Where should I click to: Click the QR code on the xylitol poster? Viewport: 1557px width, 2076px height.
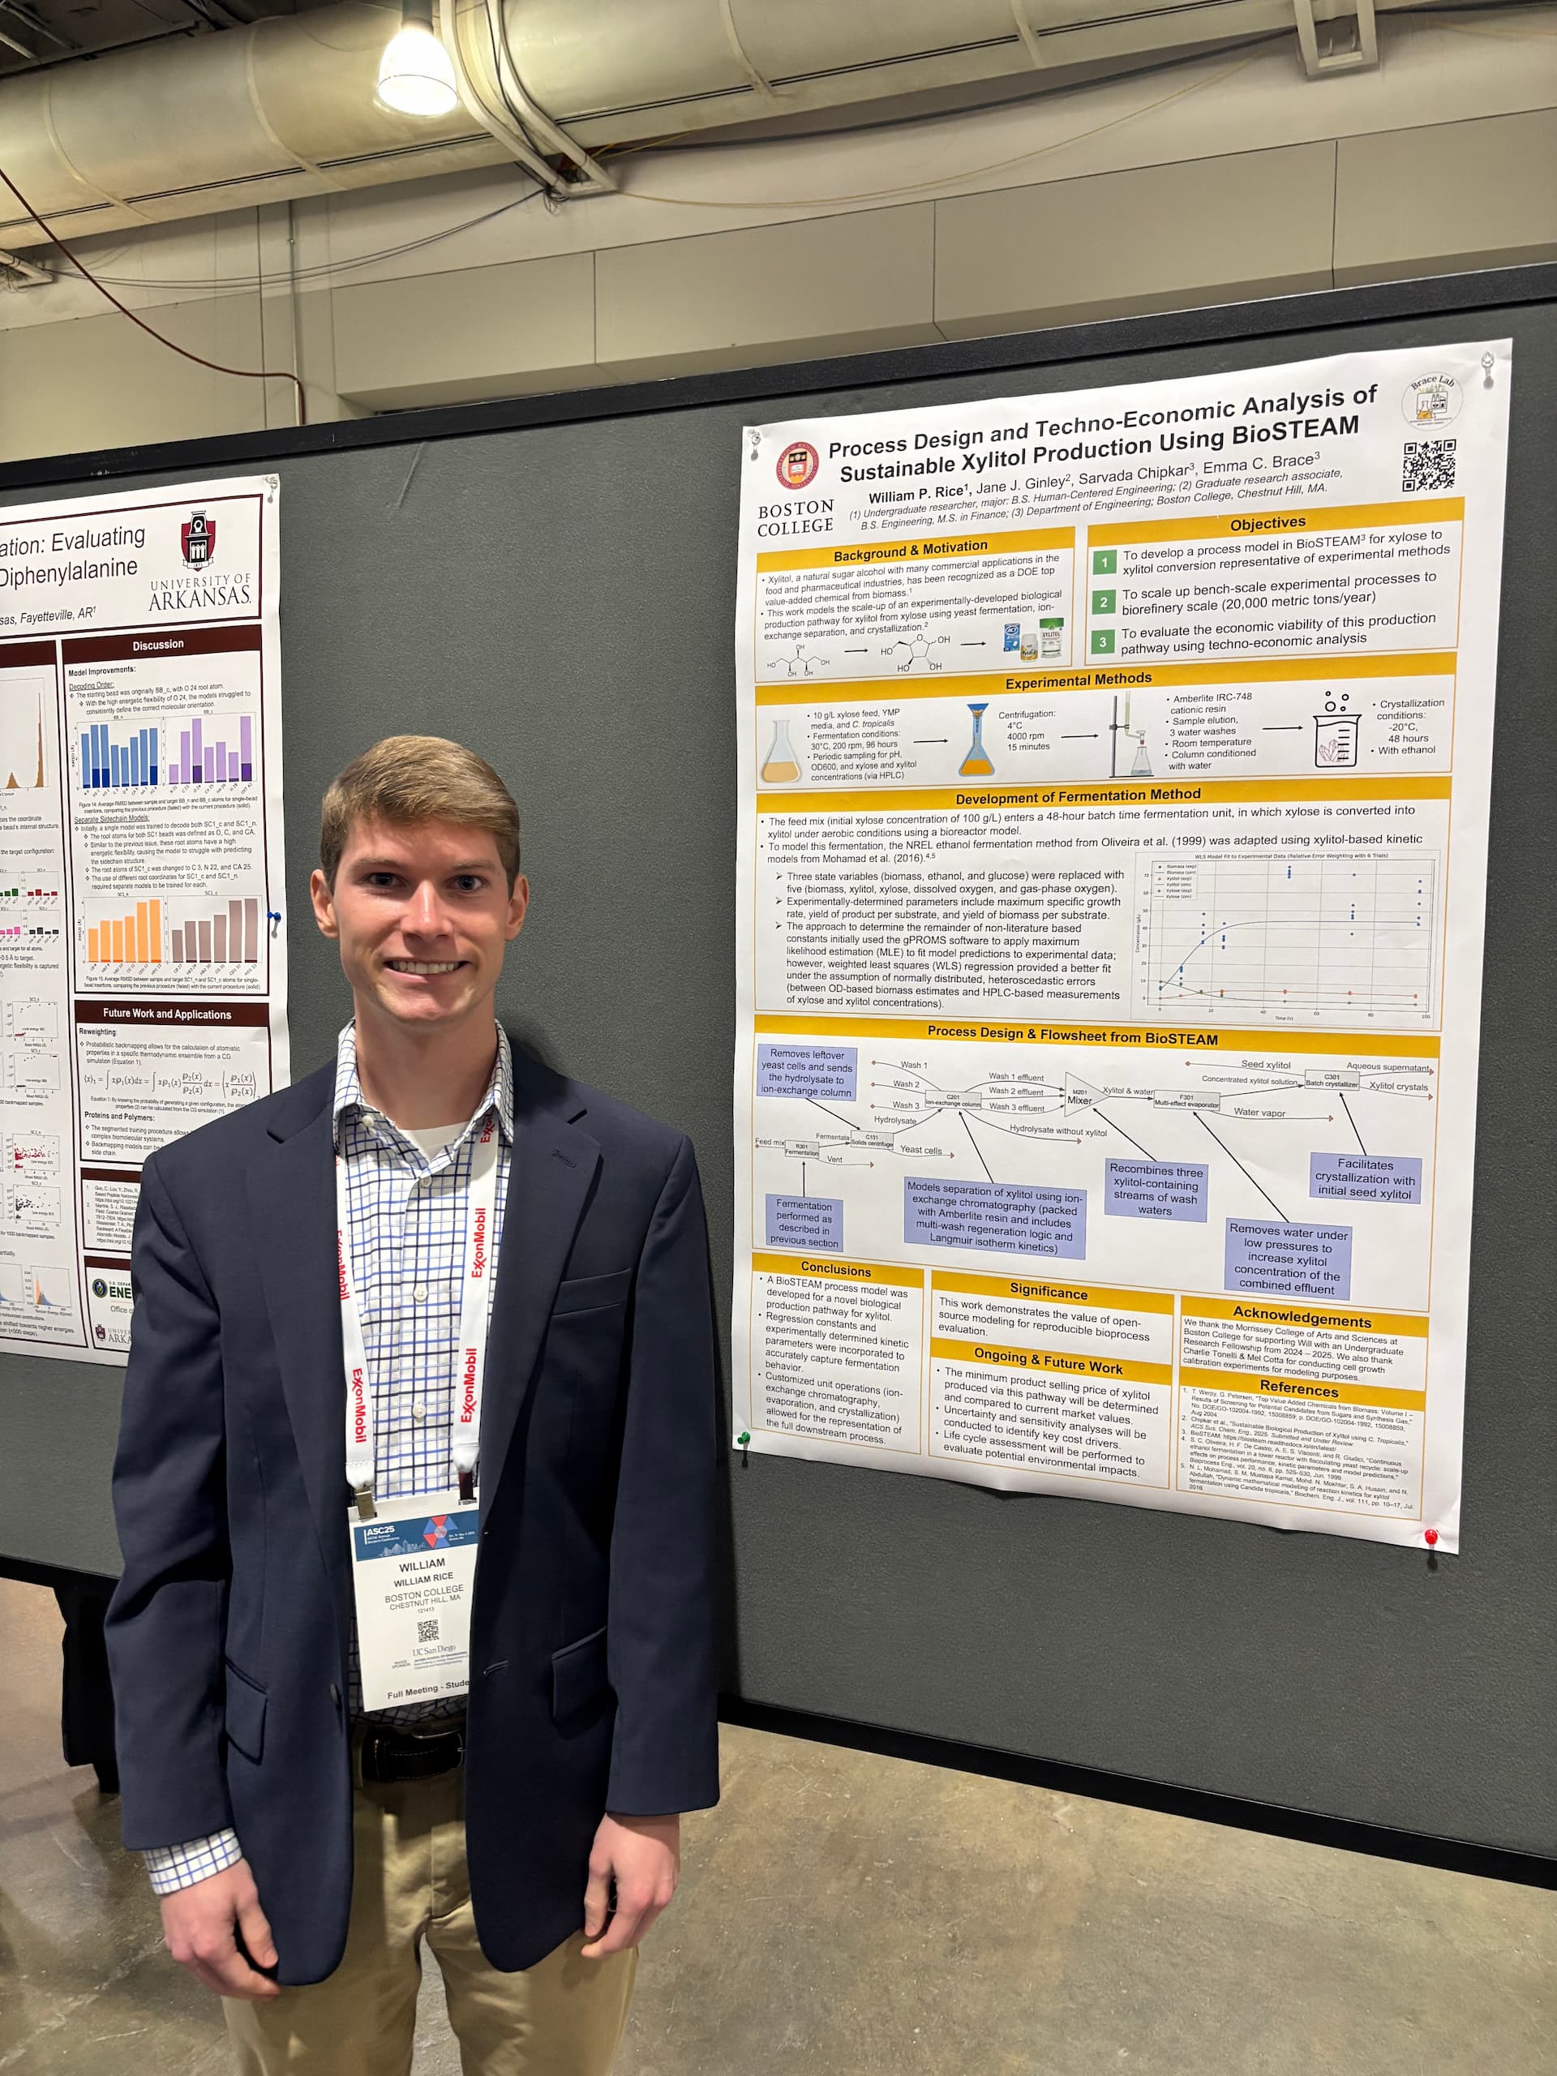pyautogui.click(x=1427, y=465)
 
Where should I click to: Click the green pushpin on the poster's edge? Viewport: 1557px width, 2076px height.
pyautogui.click(x=744, y=1437)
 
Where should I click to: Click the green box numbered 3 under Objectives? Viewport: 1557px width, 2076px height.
pyautogui.click(x=1104, y=642)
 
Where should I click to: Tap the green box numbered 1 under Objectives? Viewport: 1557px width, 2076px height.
pyautogui.click(x=1104, y=562)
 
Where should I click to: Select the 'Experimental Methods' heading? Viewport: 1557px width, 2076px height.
pyautogui.click(x=1078, y=679)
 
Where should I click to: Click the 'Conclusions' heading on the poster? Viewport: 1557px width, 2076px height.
pyautogui.click(x=835, y=1269)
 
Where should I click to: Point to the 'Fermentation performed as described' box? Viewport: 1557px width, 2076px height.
pyautogui.click(x=804, y=1222)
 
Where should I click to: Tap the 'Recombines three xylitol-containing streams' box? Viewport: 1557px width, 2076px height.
pyautogui.click(x=1156, y=1190)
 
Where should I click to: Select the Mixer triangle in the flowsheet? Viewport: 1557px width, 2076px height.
pyautogui.click(x=1079, y=1094)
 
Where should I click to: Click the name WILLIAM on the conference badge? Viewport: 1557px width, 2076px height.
pyautogui.click(x=422, y=1564)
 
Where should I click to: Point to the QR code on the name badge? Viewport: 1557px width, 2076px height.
pyautogui.click(x=427, y=1630)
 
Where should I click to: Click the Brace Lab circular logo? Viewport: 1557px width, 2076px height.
pyautogui.click(x=1430, y=399)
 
